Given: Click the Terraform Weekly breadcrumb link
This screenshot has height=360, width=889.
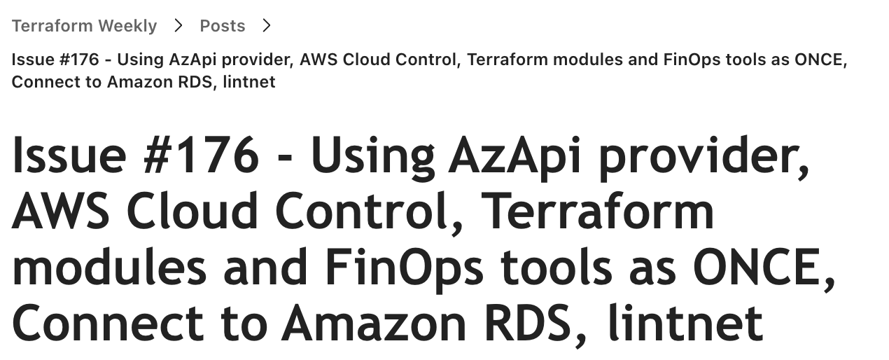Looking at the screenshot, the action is [x=84, y=26].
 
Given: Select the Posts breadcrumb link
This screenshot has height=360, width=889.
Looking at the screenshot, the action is [x=222, y=26].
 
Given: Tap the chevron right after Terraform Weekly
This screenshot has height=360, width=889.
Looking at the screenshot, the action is [x=178, y=26].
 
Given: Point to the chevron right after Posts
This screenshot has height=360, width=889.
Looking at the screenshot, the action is [x=266, y=26].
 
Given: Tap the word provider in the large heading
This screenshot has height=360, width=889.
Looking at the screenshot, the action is [x=701, y=158].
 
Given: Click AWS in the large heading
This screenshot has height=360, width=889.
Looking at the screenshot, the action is [x=60, y=212].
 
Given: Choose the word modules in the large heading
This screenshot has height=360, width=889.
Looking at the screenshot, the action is [x=109, y=268].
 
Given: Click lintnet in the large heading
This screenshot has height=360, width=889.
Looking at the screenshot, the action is [x=685, y=324].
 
